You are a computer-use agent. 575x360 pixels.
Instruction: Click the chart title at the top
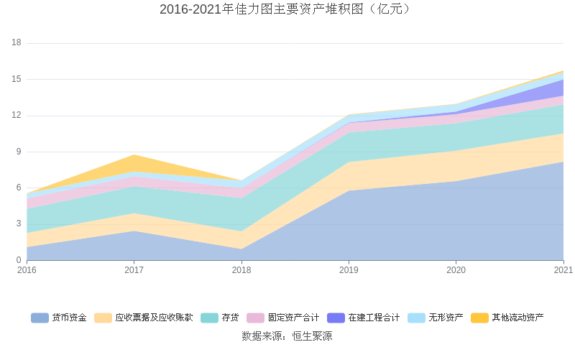point(287,9)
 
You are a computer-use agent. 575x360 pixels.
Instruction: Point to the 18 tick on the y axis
point(17,43)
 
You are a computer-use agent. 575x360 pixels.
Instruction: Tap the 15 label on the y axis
point(17,79)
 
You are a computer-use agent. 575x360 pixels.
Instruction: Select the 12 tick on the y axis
point(17,116)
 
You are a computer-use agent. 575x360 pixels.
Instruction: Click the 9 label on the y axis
point(19,152)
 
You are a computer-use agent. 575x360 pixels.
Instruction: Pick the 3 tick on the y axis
point(19,224)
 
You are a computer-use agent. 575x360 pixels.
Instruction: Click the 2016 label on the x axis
point(27,270)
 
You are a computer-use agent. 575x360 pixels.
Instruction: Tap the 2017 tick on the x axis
point(134,270)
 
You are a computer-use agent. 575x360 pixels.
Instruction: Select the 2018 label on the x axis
point(241,270)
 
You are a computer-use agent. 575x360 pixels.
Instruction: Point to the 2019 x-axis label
point(349,270)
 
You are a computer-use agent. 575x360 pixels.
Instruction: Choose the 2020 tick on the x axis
point(456,270)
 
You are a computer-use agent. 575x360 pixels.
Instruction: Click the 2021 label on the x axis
point(563,270)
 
